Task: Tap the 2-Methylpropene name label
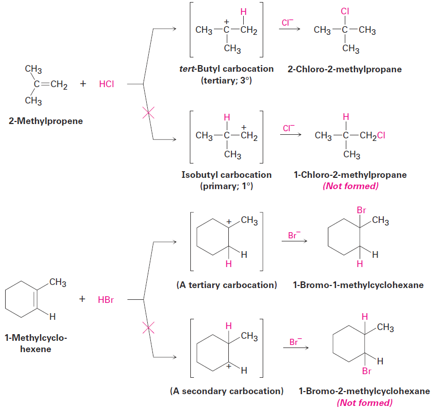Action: [x=45, y=121]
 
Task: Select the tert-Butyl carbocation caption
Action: [x=226, y=69]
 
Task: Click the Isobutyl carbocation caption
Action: [x=226, y=175]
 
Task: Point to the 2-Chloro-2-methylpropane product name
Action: [x=345, y=69]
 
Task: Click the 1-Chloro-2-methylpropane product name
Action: [x=350, y=175]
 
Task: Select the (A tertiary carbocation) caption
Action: [x=226, y=285]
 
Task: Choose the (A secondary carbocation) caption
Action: [x=226, y=391]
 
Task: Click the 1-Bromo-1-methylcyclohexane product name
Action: [x=358, y=285]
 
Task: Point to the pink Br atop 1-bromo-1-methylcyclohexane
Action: [x=361, y=210]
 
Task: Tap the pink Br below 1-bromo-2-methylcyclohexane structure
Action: [x=366, y=371]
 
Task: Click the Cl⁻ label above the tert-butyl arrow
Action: [x=288, y=23]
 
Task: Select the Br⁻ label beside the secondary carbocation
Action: [x=294, y=341]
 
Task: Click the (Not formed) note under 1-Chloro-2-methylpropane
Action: [x=350, y=186]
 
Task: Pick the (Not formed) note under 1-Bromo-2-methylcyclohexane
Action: [x=364, y=402]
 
